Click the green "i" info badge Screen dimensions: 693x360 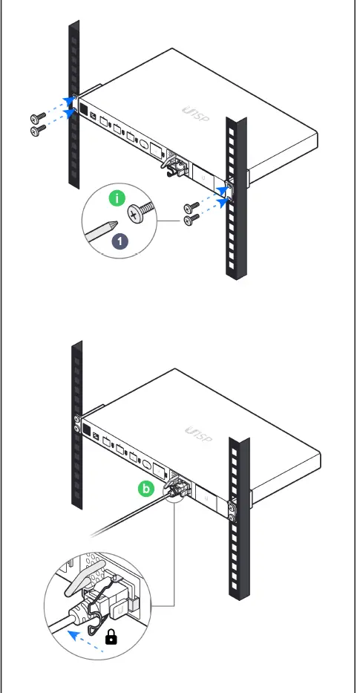pyautogui.click(x=115, y=198)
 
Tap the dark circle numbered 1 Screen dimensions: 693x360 pyautogui.click(x=119, y=241)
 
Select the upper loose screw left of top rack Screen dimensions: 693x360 pyautogui.click(x=38, y=118)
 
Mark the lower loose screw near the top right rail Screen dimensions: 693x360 pyautogui.click(x=191, y=220)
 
